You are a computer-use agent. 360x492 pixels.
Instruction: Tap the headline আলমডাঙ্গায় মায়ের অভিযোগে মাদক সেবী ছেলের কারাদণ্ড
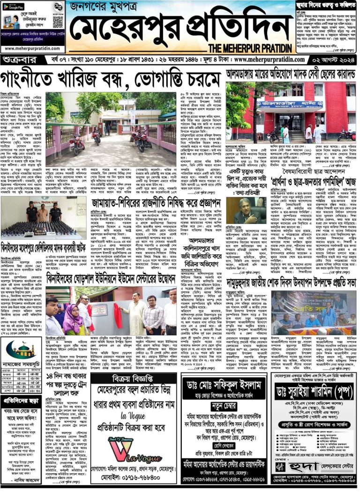click(x=291, y=74)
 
